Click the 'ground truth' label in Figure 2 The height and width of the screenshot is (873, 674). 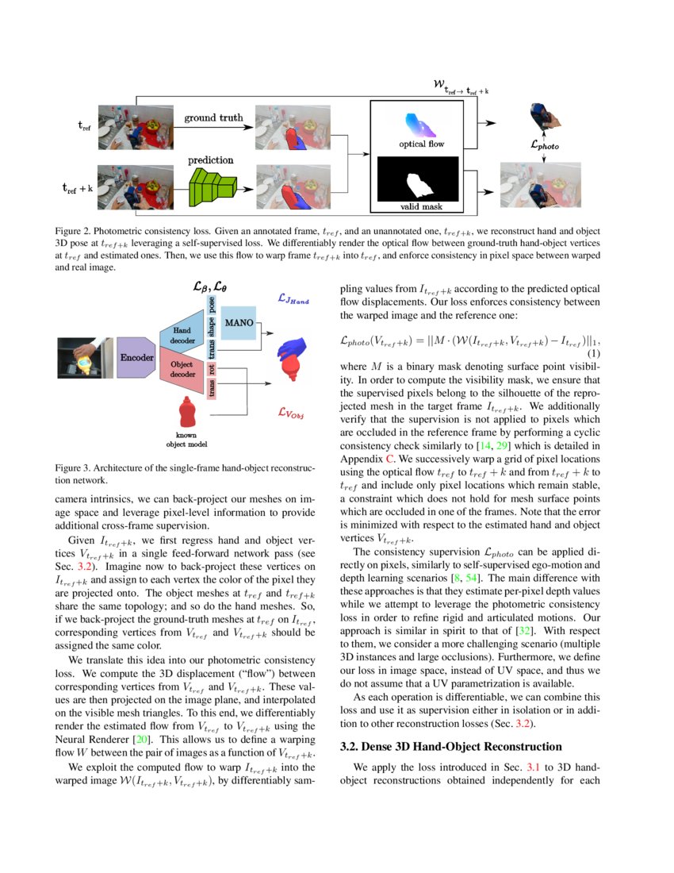(213, 118)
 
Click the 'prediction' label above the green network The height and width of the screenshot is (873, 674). (210, 160)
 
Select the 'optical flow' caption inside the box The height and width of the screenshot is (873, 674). (420, 144)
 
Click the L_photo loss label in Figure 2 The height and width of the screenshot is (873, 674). (544, 145)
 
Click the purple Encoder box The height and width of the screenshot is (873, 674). (137, 357)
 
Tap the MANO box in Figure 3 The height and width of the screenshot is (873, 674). (239, 323)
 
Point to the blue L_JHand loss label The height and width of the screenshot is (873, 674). (293, 300)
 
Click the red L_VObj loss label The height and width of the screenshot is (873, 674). (293, 412)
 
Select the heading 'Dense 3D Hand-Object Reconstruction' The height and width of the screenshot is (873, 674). (452, 747)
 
